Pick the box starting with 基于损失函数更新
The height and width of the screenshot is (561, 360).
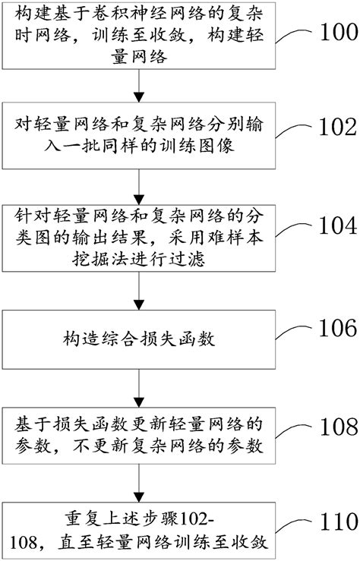(137, 432)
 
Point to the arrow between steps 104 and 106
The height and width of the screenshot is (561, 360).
(137, 287)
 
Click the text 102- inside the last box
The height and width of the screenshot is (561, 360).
(198, 518)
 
